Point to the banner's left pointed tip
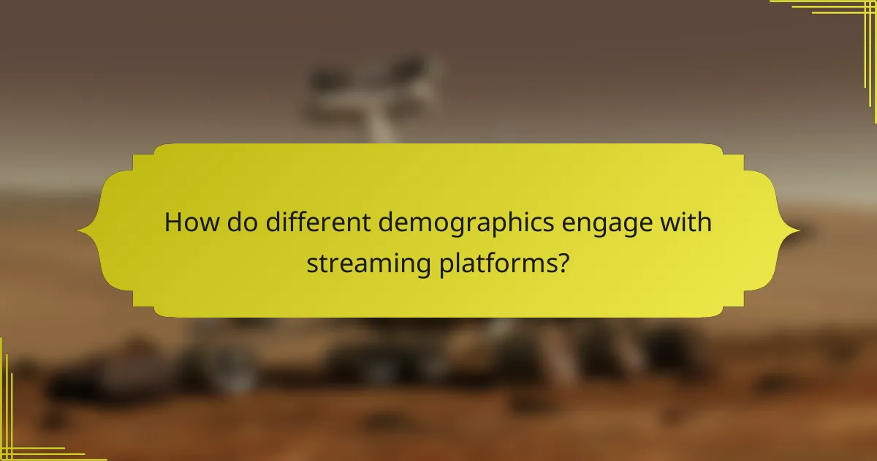click(80, 231)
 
